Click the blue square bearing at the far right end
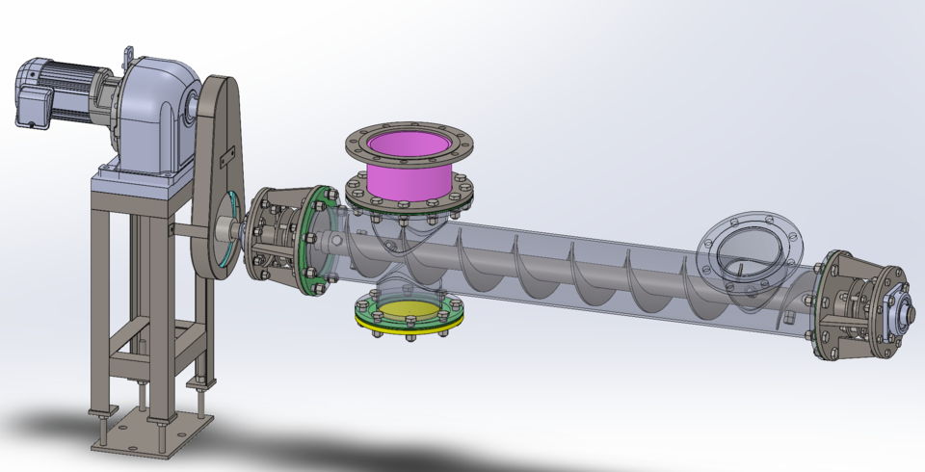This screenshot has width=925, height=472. pos(893,310)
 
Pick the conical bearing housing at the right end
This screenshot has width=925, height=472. pos(853,308)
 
